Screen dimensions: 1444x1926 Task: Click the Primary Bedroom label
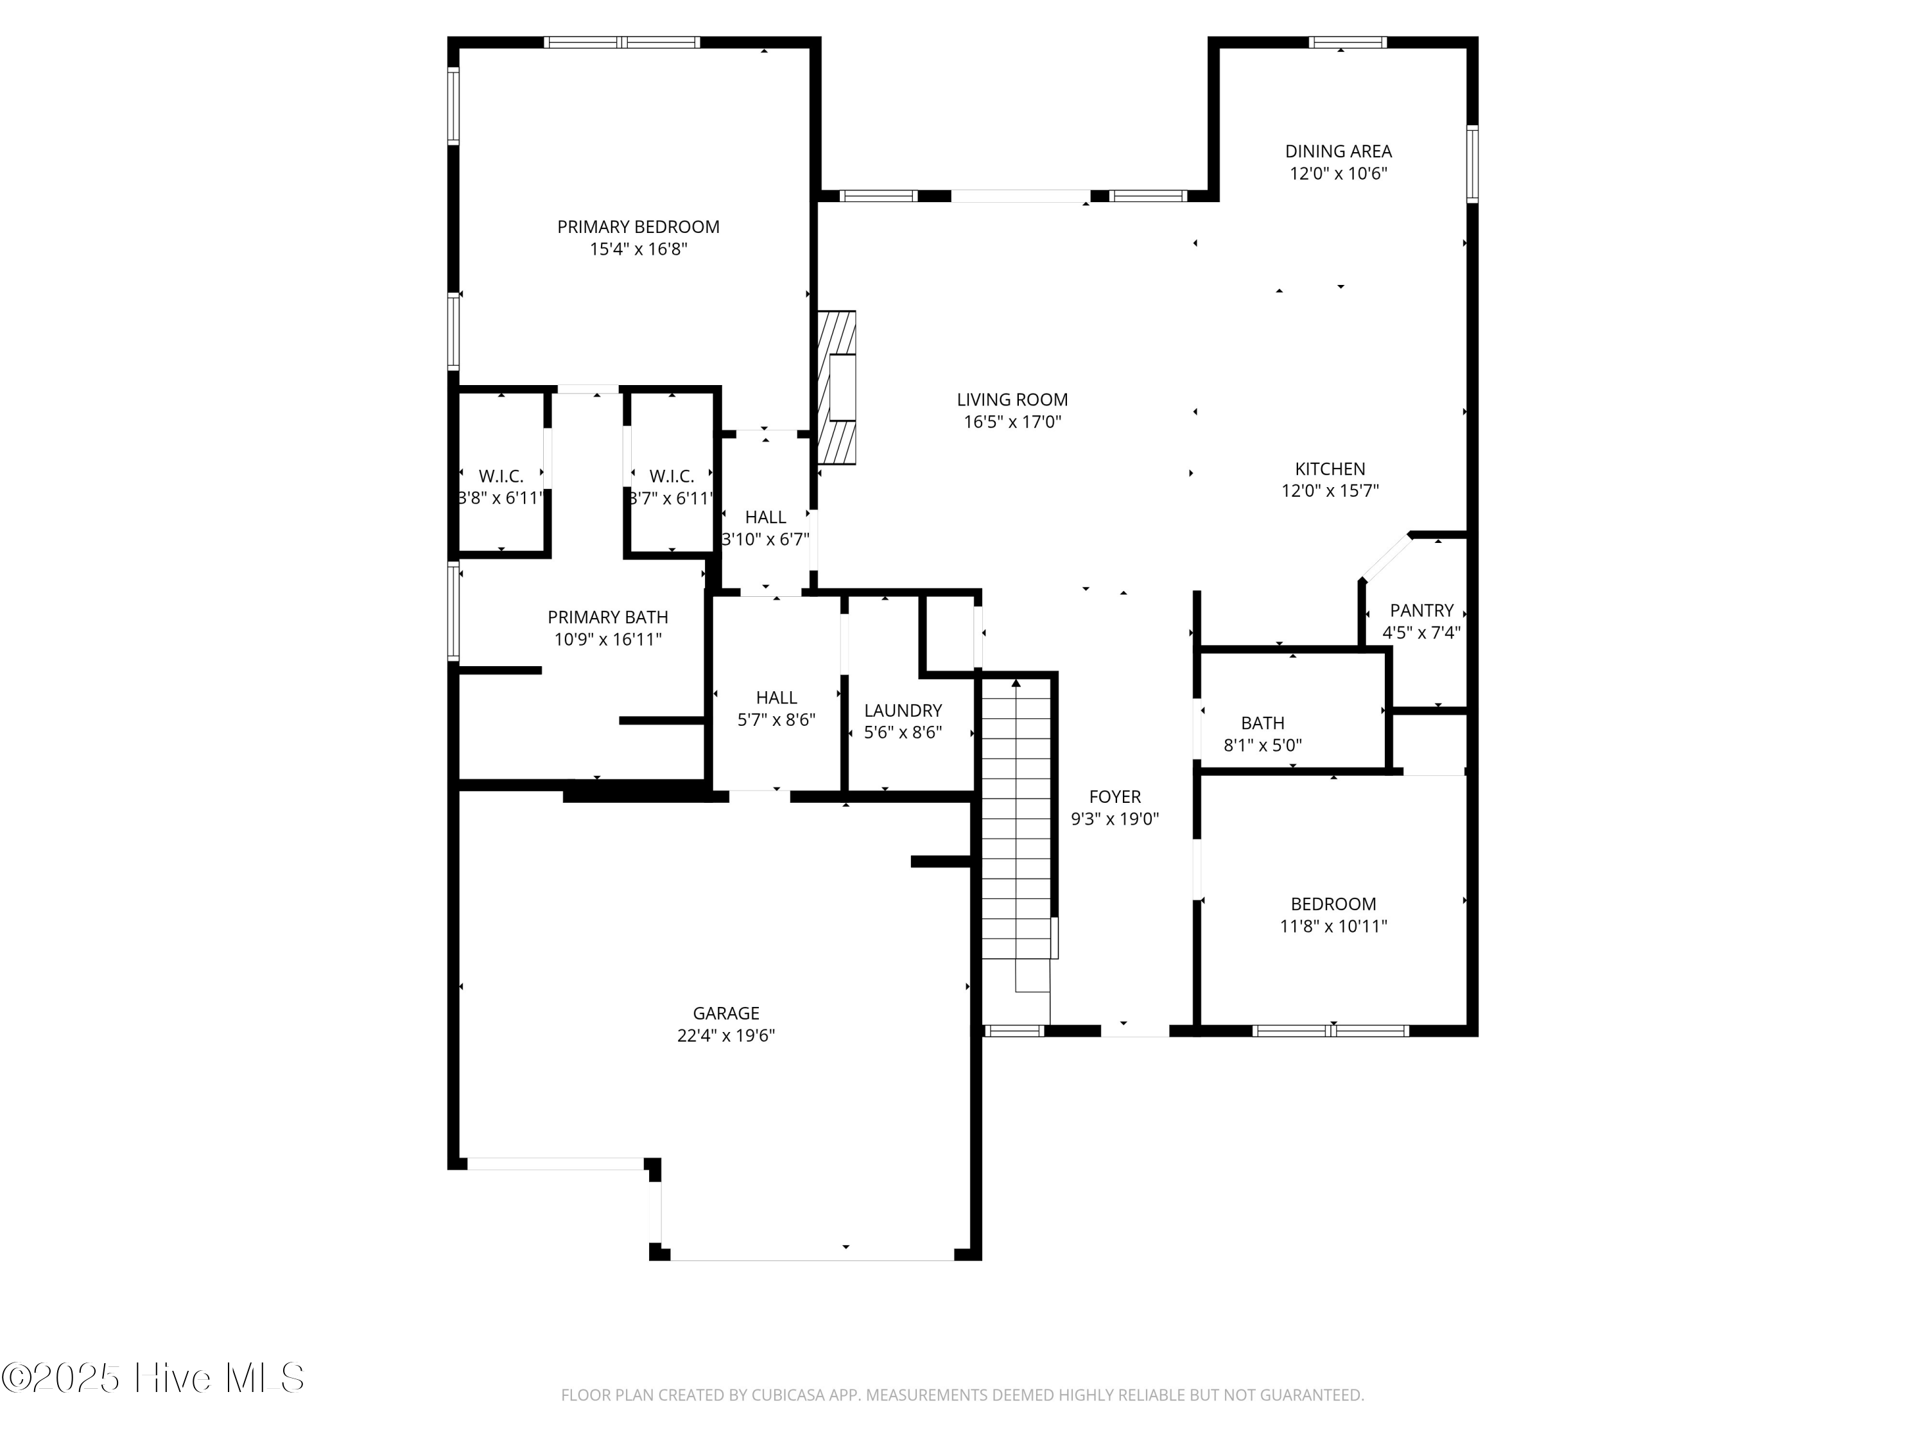638,227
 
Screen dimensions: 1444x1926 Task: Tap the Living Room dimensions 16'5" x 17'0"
1012,422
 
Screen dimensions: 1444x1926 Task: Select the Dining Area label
1339,151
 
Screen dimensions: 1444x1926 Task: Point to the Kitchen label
1330,468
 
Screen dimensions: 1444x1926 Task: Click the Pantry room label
1421,610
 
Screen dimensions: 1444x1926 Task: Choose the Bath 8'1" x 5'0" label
1263,734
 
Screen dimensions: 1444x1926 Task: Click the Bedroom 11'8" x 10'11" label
1333,915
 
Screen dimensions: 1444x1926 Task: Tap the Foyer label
1115,796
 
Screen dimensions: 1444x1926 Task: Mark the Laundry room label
902,710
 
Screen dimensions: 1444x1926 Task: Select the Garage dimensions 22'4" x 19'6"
725,1036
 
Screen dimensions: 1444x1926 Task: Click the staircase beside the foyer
1016,818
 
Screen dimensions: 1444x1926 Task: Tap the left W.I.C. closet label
501,477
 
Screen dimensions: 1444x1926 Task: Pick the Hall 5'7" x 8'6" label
776,709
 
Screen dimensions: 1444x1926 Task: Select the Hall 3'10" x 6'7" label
765,528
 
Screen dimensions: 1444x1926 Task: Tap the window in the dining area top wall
1347,42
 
